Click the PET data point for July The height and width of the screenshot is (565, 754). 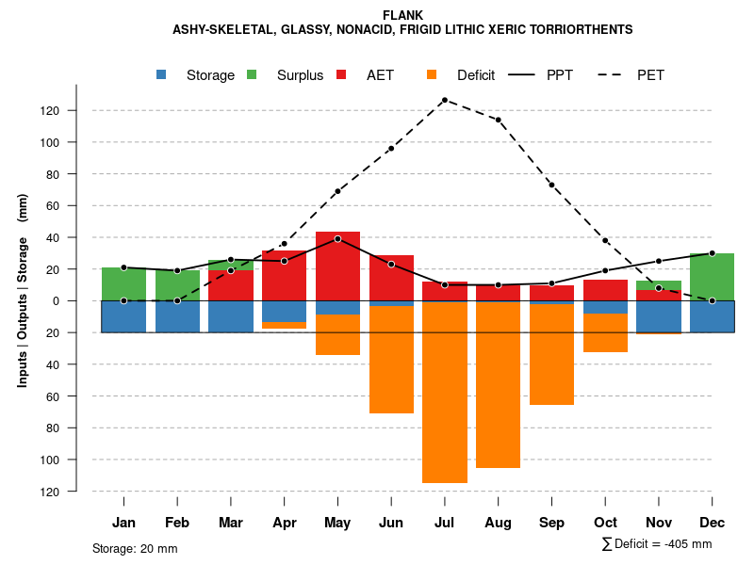tap(444, 100)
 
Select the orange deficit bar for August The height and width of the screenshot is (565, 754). tap(498, 385)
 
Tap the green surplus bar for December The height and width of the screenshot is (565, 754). tap(712, 277)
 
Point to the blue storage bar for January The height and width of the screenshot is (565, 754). tap(123, 316)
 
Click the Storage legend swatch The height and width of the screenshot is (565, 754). tap(162, 74)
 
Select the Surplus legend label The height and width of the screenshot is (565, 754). tap(300, 75)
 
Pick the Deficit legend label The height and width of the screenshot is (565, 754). tap(476, 75)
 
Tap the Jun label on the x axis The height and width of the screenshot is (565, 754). tap(391, 523)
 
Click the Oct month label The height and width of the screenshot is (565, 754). tap(605, 523)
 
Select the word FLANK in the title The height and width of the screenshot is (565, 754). tap(403, 15)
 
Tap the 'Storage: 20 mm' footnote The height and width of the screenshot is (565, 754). tap(135, 548)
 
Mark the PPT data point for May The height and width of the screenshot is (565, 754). tap(337, 238)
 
